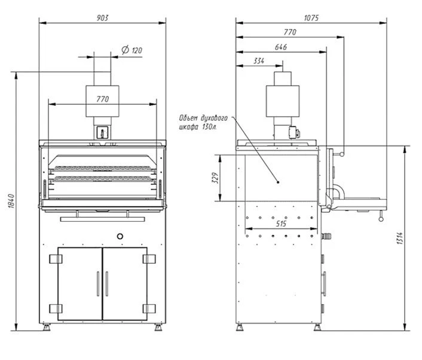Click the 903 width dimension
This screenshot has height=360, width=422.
(102, 17)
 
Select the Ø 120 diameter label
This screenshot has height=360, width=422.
(132, 51)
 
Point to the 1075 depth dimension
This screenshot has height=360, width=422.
(311, 17)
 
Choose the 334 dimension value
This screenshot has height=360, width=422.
(259, 60)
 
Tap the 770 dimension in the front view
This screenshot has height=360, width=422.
(102, 99)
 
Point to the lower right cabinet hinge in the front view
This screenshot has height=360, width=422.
(149, 309)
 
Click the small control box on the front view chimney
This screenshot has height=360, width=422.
(102, 131)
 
